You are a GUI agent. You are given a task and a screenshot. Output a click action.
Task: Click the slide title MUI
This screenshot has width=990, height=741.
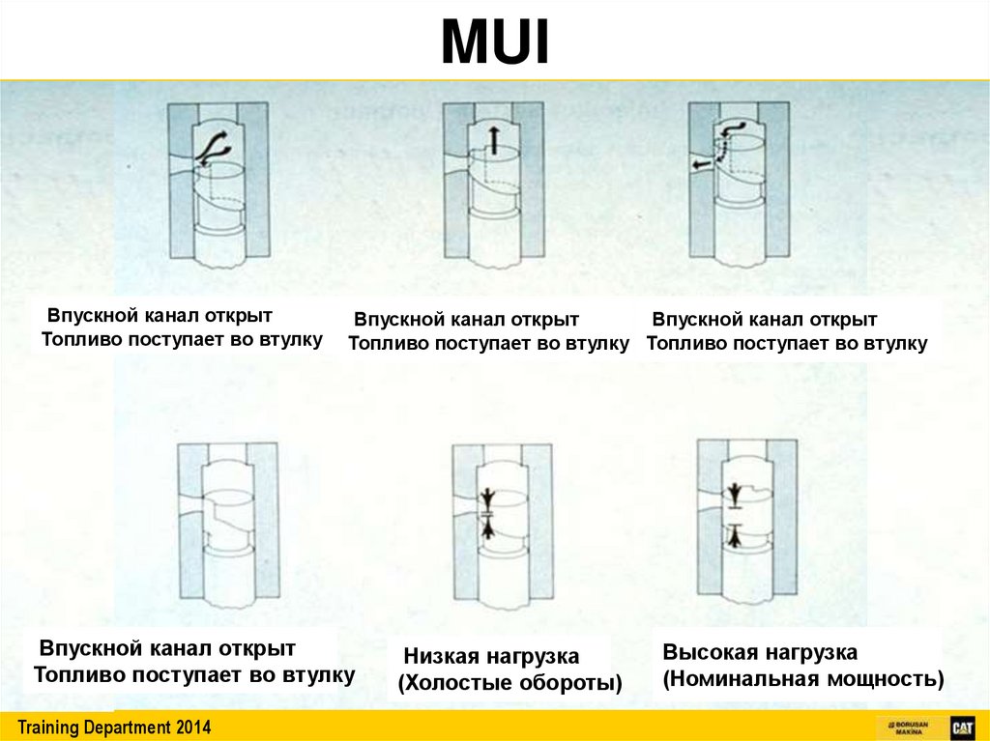point(495,43)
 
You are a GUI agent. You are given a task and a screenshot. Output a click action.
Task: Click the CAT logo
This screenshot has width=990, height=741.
point(961,727)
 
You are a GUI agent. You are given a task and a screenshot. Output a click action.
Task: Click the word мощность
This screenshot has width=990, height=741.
point(885,678)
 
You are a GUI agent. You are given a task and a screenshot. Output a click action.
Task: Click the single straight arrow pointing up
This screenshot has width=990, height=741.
point(492,140)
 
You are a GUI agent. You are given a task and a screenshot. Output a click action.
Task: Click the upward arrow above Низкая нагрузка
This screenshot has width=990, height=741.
point(488,527)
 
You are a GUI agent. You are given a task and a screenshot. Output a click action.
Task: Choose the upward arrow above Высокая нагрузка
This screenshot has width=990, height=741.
point(736,534)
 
